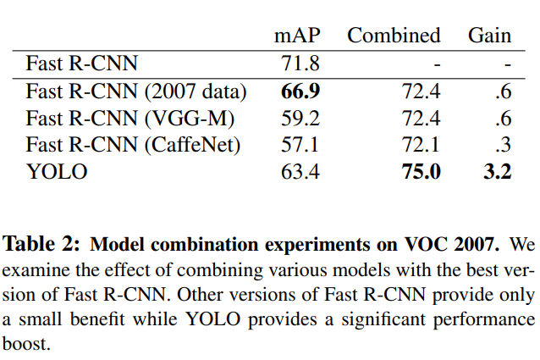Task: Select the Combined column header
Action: [x=394, y=36]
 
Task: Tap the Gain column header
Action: [x=489, y=36]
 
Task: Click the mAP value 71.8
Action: [x=297, y=63]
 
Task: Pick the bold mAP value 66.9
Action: [x=297, y=90]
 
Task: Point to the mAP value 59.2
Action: [x=297, y=118]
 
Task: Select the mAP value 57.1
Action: [x=297, y=145]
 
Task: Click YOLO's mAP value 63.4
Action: [x=297, y=173]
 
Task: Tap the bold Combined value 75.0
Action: [x=422, y=173]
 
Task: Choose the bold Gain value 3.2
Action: [x=498, y=173]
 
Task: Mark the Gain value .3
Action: [x=503, y=145]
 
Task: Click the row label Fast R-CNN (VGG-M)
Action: [x=130, y=118]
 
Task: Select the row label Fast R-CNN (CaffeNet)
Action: [x=134, y=145]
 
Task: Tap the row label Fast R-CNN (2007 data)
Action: [x=136, y=90]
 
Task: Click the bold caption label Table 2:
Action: [x=43, y=246]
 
